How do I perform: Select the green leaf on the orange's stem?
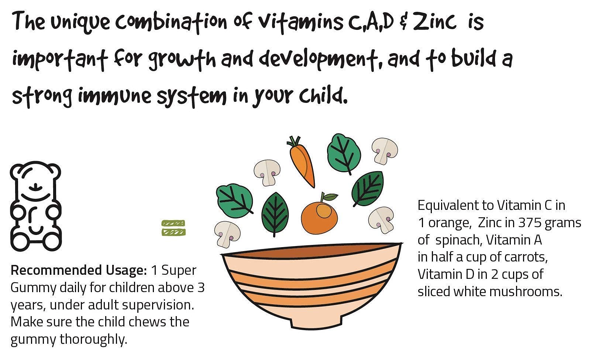coord(331,197)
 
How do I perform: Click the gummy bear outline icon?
coord(35,206)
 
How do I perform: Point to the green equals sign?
coord(173,228)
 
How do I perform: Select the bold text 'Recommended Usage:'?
coord(79,270)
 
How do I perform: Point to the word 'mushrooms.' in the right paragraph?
coord(526,291)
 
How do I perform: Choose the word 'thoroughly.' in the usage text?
coord(93,339)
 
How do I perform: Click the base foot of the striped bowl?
coord(316,323)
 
